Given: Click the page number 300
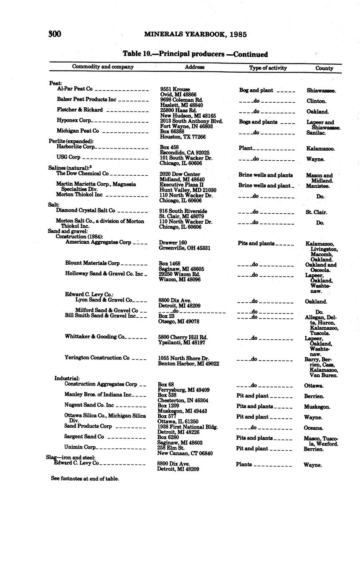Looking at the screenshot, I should tap(55, 34).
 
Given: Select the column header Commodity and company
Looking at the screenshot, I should tap(103, 67).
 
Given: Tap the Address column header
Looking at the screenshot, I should tap(195, 67).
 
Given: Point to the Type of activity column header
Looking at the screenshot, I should tap(268, 68).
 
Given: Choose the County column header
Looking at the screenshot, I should tap(324, 68).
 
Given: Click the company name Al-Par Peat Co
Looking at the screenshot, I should tap(75, 89).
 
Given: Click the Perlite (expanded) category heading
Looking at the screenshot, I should tap(71, 141).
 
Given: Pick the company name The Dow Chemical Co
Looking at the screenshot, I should tap(82, 173).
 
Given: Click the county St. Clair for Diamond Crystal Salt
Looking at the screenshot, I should tap(316, 212).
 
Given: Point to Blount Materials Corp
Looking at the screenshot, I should tap(92, 263).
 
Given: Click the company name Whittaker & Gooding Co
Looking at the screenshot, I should tap(95, 336).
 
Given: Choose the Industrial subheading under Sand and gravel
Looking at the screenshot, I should tap(67, 378).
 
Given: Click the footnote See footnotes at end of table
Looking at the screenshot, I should tap(85, 479).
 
